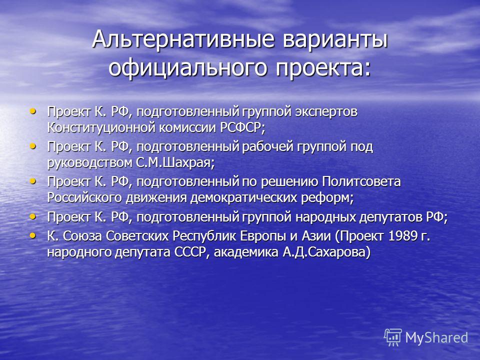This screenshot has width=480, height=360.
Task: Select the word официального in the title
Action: (x=187, y=68)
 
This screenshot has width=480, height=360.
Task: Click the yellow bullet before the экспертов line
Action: (x=32, y=111)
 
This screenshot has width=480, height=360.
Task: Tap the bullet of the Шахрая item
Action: (x=32, y=146)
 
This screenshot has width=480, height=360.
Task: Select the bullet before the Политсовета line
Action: (x=32, y=181)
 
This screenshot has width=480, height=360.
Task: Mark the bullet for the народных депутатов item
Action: (x=32, y=216)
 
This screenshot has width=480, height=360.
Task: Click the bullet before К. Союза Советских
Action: (x=32, y=235)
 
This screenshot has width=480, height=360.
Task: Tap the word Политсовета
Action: (x=361, y=181)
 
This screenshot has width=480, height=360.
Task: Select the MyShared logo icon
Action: (x=393, y=337)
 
